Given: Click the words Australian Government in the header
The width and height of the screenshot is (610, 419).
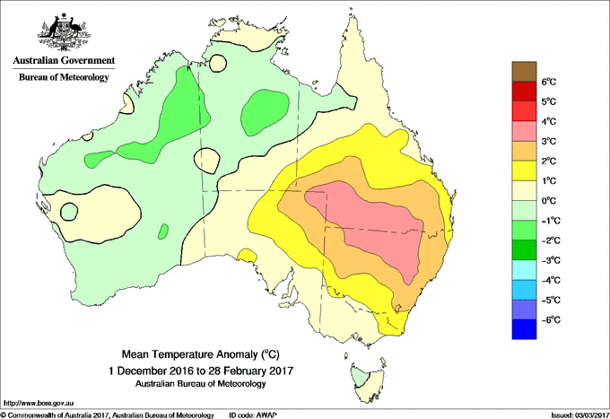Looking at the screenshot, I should (x=63, y=61).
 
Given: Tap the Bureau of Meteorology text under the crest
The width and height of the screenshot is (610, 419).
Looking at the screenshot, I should (x=63, y=78).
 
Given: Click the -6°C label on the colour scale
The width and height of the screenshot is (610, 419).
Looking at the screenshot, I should (x=549, y=319).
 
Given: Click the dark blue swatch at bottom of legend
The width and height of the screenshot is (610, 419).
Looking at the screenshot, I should (x=523, y=329).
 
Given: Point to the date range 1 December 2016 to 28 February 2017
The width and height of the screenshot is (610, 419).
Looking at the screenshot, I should (x=201, y=370).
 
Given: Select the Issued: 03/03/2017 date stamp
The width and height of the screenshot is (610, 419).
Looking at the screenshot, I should (x=574, y=415).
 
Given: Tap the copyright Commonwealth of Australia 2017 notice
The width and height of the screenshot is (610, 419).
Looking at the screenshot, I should (x=108, y=415).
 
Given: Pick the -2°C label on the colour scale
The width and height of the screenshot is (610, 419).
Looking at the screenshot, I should (x=549, y=240).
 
